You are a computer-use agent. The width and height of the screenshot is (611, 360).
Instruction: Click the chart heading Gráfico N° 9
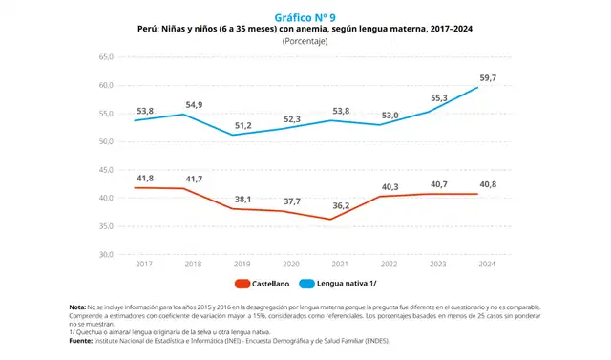coord(305,17)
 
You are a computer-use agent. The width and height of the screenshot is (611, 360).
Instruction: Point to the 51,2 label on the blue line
coord(242,125)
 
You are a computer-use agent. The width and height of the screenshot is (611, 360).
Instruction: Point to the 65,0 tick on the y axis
coord(106,57)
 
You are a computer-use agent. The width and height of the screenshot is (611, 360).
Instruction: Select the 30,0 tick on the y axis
coord(106,255)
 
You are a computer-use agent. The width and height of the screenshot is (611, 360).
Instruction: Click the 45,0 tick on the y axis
coord(106,170)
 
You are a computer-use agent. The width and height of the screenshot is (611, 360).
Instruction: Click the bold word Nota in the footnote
coord(78,306)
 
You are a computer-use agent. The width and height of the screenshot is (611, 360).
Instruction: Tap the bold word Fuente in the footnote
coord(81,338)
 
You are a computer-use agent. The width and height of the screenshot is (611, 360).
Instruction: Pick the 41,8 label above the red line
coord(144,177)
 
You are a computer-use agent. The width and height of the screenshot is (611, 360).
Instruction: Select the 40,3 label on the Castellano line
coord(389,186)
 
